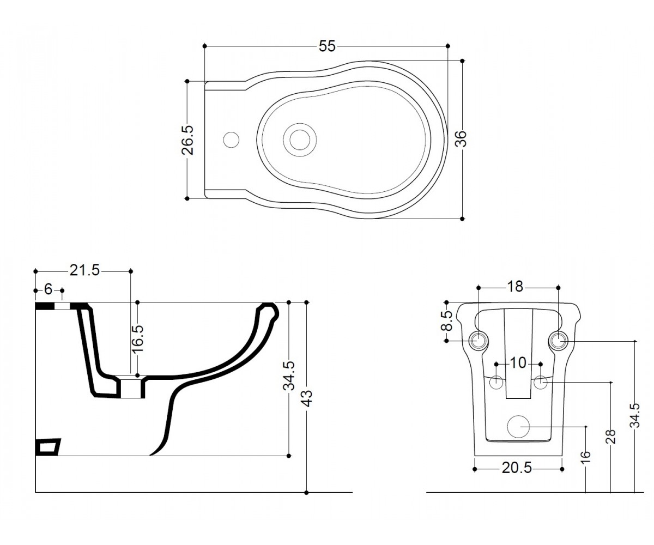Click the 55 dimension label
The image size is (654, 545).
327,46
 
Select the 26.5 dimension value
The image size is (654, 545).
187,140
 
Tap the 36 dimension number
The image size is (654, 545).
461,139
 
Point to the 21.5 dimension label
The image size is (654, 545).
84,270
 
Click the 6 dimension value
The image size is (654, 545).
49,289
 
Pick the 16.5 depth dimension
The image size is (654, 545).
137,338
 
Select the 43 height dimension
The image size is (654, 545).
308,398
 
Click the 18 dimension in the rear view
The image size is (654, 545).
515,287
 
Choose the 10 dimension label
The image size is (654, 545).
518,363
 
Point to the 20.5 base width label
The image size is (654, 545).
517,477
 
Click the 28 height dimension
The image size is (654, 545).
611,437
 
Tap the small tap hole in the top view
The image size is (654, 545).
231,140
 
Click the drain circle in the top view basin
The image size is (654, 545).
300,140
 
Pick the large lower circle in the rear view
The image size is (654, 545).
518,427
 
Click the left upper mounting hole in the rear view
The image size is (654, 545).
479,341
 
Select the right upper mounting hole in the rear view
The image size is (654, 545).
558,341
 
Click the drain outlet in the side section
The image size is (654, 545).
132,388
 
